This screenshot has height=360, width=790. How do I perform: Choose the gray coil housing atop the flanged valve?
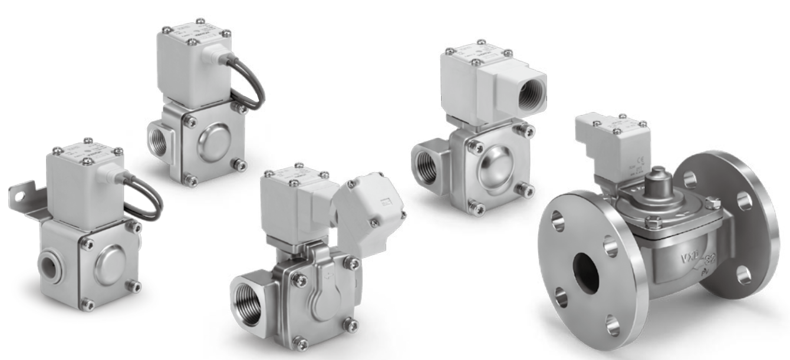coord(613,144)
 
